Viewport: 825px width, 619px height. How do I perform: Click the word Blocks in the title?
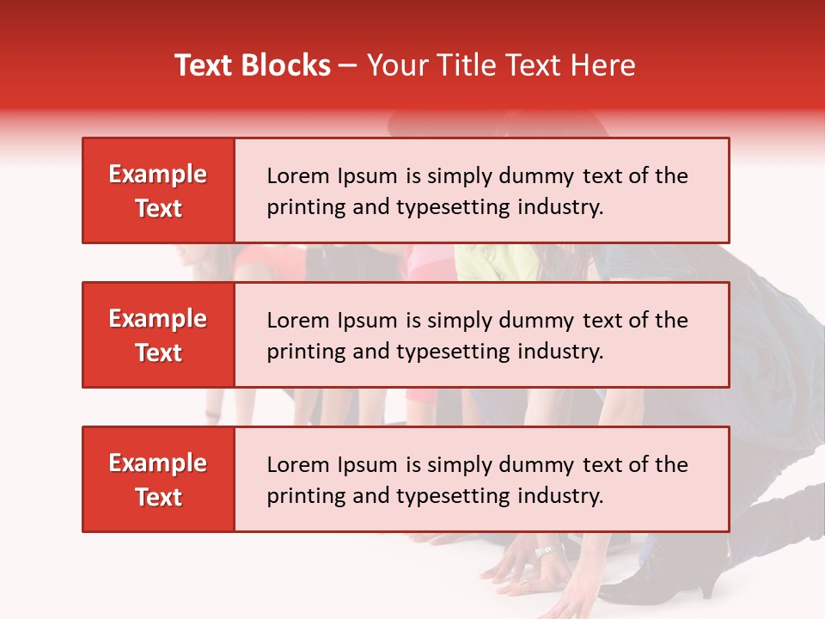[284, 65]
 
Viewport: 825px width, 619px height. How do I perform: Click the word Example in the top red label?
[158, 175]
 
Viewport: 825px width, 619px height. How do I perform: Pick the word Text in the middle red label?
[159, 352]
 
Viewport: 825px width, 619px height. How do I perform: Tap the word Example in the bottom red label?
[158, 463]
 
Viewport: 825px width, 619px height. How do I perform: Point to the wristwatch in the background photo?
[550, 550]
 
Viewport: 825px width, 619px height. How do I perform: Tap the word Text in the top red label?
[159, 208]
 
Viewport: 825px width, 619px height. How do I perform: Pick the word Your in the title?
[396, 65]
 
